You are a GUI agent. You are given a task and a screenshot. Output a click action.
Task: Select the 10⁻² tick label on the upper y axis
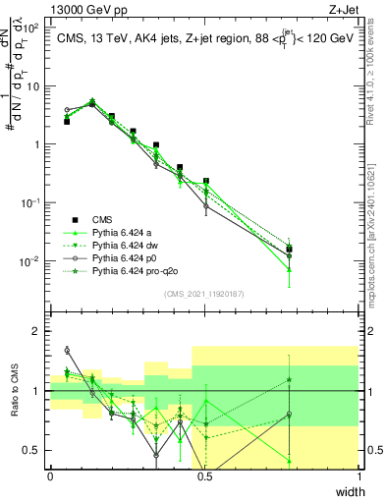[29, 261]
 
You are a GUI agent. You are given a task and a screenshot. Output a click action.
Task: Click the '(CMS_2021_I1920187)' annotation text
[203, 294]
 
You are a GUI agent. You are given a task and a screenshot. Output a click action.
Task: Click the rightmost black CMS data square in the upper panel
[315, 250]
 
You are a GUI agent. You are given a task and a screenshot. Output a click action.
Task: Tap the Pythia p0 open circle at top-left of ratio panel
[67, 350]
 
